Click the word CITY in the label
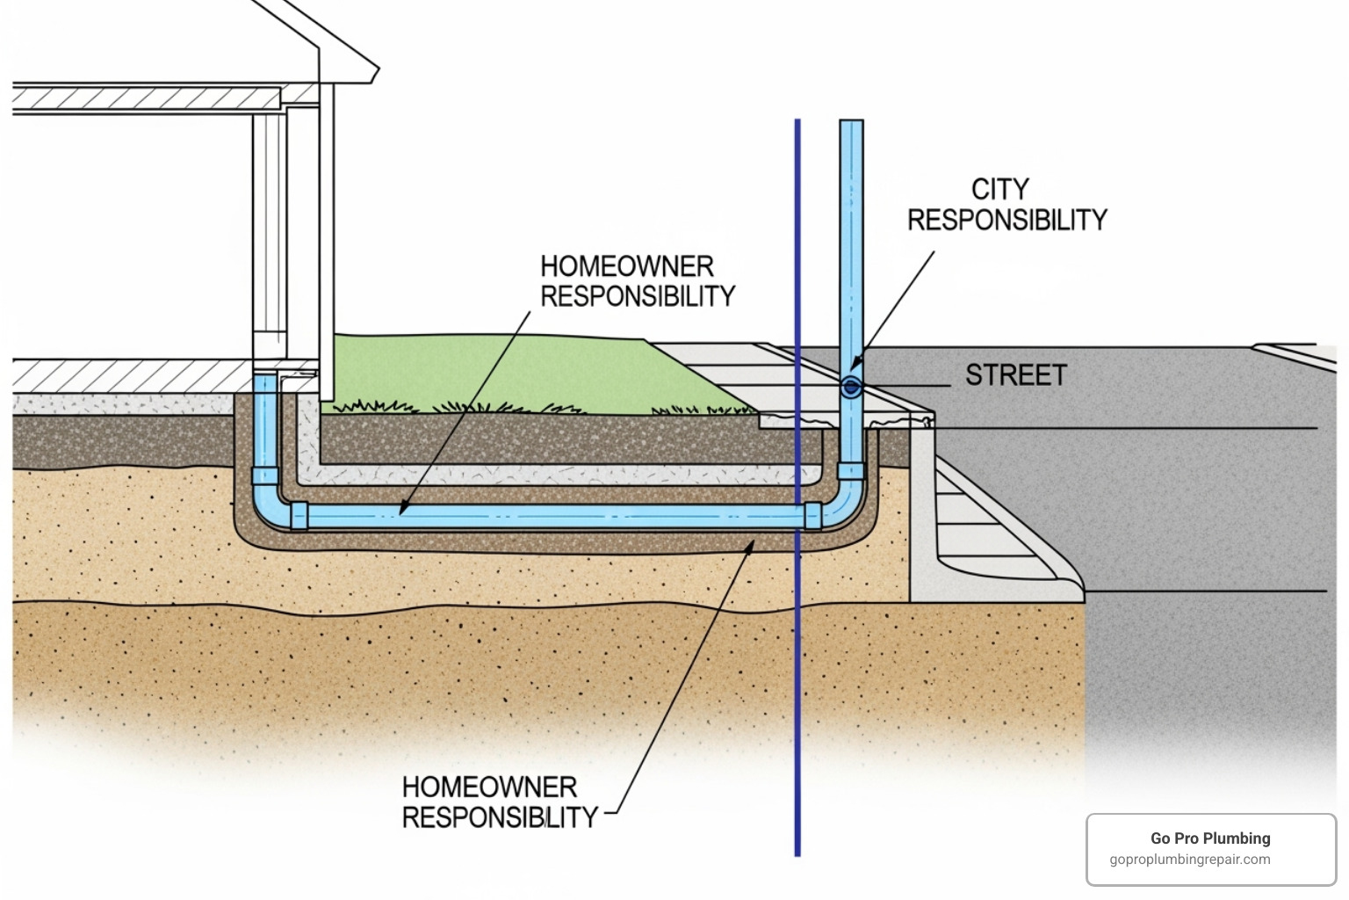(999, 189)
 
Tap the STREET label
(1015, 375)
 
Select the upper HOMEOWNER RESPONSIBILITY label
(637, 281)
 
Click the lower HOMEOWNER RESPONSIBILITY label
(499, 802)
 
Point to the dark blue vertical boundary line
(797, 659)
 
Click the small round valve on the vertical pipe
(850, 387)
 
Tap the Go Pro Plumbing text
(1210, 838)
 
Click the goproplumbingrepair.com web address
(1189, 860)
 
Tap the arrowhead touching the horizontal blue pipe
(402, 510)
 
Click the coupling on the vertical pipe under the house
(264, 475)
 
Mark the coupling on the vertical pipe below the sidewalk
(850, 470)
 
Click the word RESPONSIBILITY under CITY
(1007, 220)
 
